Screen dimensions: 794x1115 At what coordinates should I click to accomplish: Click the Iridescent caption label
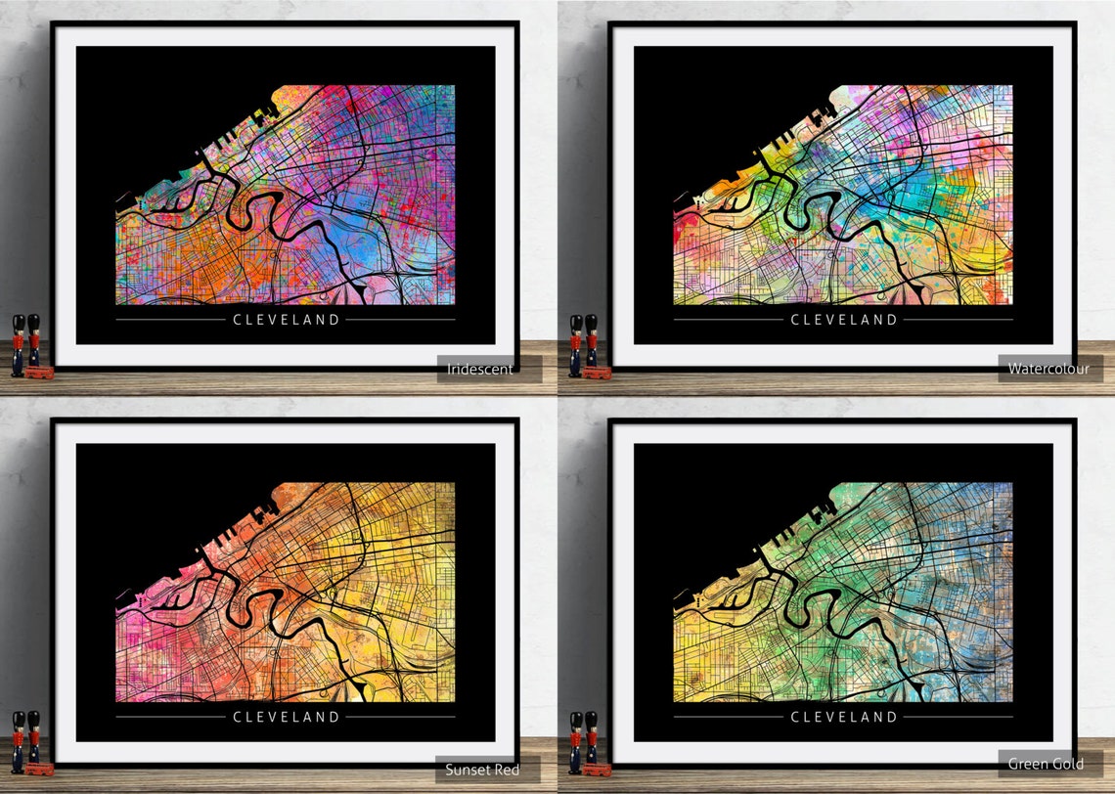480,369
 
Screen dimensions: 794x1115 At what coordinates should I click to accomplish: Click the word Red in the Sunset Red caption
506,770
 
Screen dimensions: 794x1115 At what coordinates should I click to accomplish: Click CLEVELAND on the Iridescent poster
286,319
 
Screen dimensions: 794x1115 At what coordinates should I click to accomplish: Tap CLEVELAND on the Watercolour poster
843,319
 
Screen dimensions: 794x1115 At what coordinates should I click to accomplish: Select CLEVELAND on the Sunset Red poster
286,717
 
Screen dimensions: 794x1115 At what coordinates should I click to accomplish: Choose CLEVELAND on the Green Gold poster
843,717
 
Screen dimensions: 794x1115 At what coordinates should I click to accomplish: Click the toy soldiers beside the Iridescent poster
25,342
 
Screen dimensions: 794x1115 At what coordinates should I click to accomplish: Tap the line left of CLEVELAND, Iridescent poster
170,319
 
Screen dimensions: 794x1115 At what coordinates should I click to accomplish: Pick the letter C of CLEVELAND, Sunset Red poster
237,717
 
